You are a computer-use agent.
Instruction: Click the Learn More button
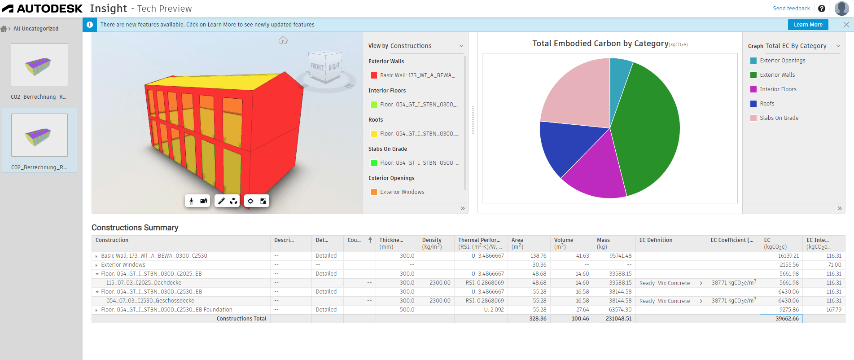pos(808,25)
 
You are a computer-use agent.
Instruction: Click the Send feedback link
pos(791,9)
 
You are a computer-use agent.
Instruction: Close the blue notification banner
pos(846,25)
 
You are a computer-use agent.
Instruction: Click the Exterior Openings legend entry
pos(782,61)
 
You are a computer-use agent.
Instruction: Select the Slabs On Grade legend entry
pos(779,118)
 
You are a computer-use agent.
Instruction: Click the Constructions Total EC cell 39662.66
pos(781,319)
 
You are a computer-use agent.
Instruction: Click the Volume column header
pos(564,240)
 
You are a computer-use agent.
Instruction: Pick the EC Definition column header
pos(656,240)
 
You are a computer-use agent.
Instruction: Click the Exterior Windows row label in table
pos(123,265)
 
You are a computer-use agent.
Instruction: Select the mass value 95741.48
pos(620,256)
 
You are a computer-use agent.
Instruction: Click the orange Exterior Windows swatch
pos(373,192)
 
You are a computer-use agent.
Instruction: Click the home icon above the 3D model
pos(283,40)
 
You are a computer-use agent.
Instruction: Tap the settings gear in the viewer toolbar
pos(250,201)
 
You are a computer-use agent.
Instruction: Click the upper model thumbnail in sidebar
pos(39,65)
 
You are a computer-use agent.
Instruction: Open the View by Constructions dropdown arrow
pos(461,46)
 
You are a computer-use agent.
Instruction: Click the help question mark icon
pos(822,9)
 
